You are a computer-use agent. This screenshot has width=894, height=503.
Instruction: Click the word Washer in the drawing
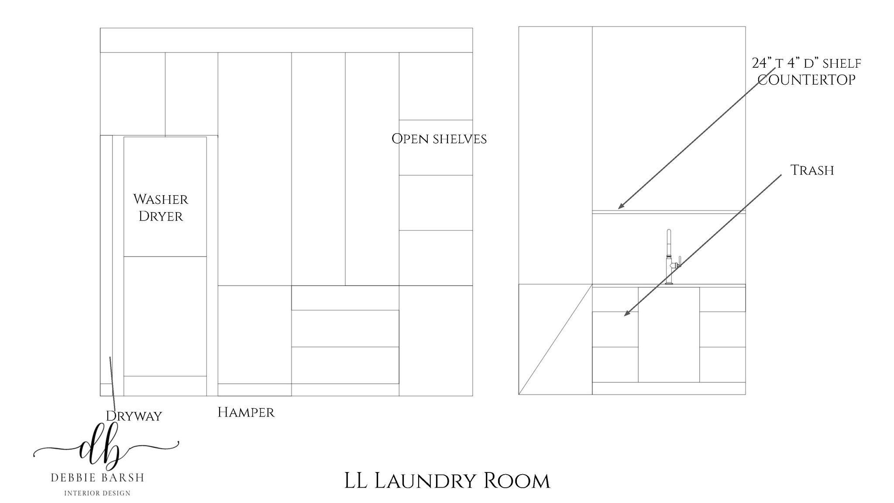click(x=161, y=200)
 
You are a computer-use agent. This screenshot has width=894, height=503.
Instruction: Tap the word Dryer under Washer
click(x=161, y=216)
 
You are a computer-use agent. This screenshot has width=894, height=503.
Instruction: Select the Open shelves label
click(x=439, y=139)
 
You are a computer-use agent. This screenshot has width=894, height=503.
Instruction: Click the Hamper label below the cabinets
click(x=246, y=412)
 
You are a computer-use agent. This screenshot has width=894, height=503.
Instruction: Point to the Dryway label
click(x=134, y=416)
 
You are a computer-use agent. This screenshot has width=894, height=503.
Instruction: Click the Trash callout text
click(x=812, y=170)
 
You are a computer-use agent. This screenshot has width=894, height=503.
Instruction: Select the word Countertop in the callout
click(x=806, y=80)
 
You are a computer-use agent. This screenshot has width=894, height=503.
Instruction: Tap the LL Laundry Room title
click(x=447, y=481)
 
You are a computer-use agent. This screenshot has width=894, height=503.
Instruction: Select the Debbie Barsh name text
click(x=97, y=478)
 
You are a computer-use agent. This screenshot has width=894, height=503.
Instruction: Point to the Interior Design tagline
click(x=97, y=493)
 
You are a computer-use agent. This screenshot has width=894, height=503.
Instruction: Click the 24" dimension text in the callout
click(x=760, y=63)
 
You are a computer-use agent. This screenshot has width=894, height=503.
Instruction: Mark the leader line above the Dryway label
click(x=112, y=383)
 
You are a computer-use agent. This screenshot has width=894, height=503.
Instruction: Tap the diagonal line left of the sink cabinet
click(x=555, y=339)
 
